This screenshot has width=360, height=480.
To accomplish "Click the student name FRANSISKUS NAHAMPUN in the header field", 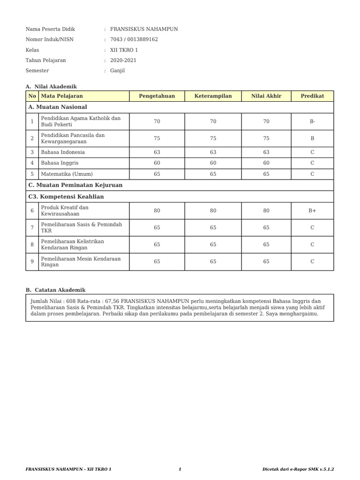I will click(x=144, y=29).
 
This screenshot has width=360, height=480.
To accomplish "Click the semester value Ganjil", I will click(x=117, y=71).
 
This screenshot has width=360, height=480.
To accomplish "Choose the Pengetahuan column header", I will click(x=157, y=96).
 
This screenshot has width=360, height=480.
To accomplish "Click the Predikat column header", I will click(x=312, y=96).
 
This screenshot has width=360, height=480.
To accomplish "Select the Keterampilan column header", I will click(x=213, y=96).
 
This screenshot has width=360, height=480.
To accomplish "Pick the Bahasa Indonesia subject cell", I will click(x=63, y=152).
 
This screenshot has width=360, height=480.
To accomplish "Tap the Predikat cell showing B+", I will click(x=312, y=211).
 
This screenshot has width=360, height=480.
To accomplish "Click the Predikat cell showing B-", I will click(x=312, y=121).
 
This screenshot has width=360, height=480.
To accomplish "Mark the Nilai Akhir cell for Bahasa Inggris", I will click(x=266, y=163).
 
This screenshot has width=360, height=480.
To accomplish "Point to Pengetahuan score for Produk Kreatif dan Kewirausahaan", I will click(x=157, y=211).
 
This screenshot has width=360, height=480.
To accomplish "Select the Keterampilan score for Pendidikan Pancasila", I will click(x=213, y=138).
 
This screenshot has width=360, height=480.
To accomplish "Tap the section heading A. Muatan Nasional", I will click(x=58, y=107).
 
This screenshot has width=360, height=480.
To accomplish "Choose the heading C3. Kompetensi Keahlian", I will click(x=66, y=197).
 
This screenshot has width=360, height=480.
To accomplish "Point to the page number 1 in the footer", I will click(x=180, y=469).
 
